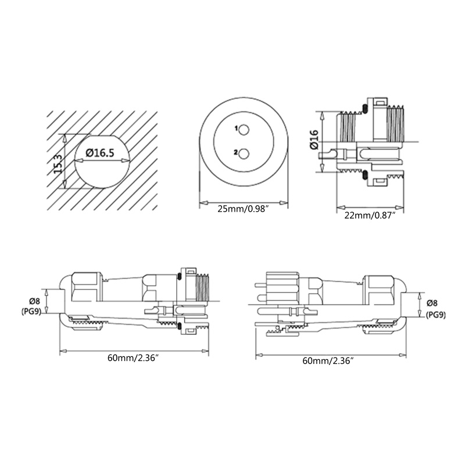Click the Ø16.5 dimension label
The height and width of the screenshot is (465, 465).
tap(99, 152)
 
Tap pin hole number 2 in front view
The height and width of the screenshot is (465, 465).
tap(245, 153)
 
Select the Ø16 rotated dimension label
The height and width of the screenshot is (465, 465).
tap(314, 140)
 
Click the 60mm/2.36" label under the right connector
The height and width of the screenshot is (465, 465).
tap(328, 360)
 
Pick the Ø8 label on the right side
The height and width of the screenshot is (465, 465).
tap(432, 303)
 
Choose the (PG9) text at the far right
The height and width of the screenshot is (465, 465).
tap(436, 314)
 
